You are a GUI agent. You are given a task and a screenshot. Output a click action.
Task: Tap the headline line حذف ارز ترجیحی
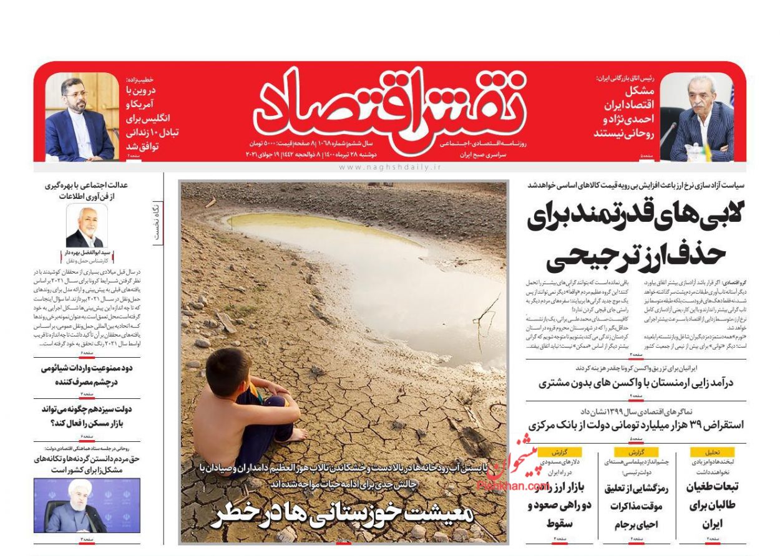click(x=636, y=256)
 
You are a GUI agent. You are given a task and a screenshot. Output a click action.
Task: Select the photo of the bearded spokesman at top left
click(x=80, y=117)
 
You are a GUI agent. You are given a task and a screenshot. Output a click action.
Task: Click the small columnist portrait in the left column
click(x=87, y=226)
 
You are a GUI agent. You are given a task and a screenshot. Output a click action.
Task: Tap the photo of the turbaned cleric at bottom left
click(x=87, y=505)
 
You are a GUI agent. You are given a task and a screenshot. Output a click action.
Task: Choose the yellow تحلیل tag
click(x=712, y=452)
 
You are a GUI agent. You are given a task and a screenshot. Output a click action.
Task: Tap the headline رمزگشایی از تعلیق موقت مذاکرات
click(x=636, y=506)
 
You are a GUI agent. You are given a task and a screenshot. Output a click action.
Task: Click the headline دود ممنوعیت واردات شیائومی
click(x=87, y=375)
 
